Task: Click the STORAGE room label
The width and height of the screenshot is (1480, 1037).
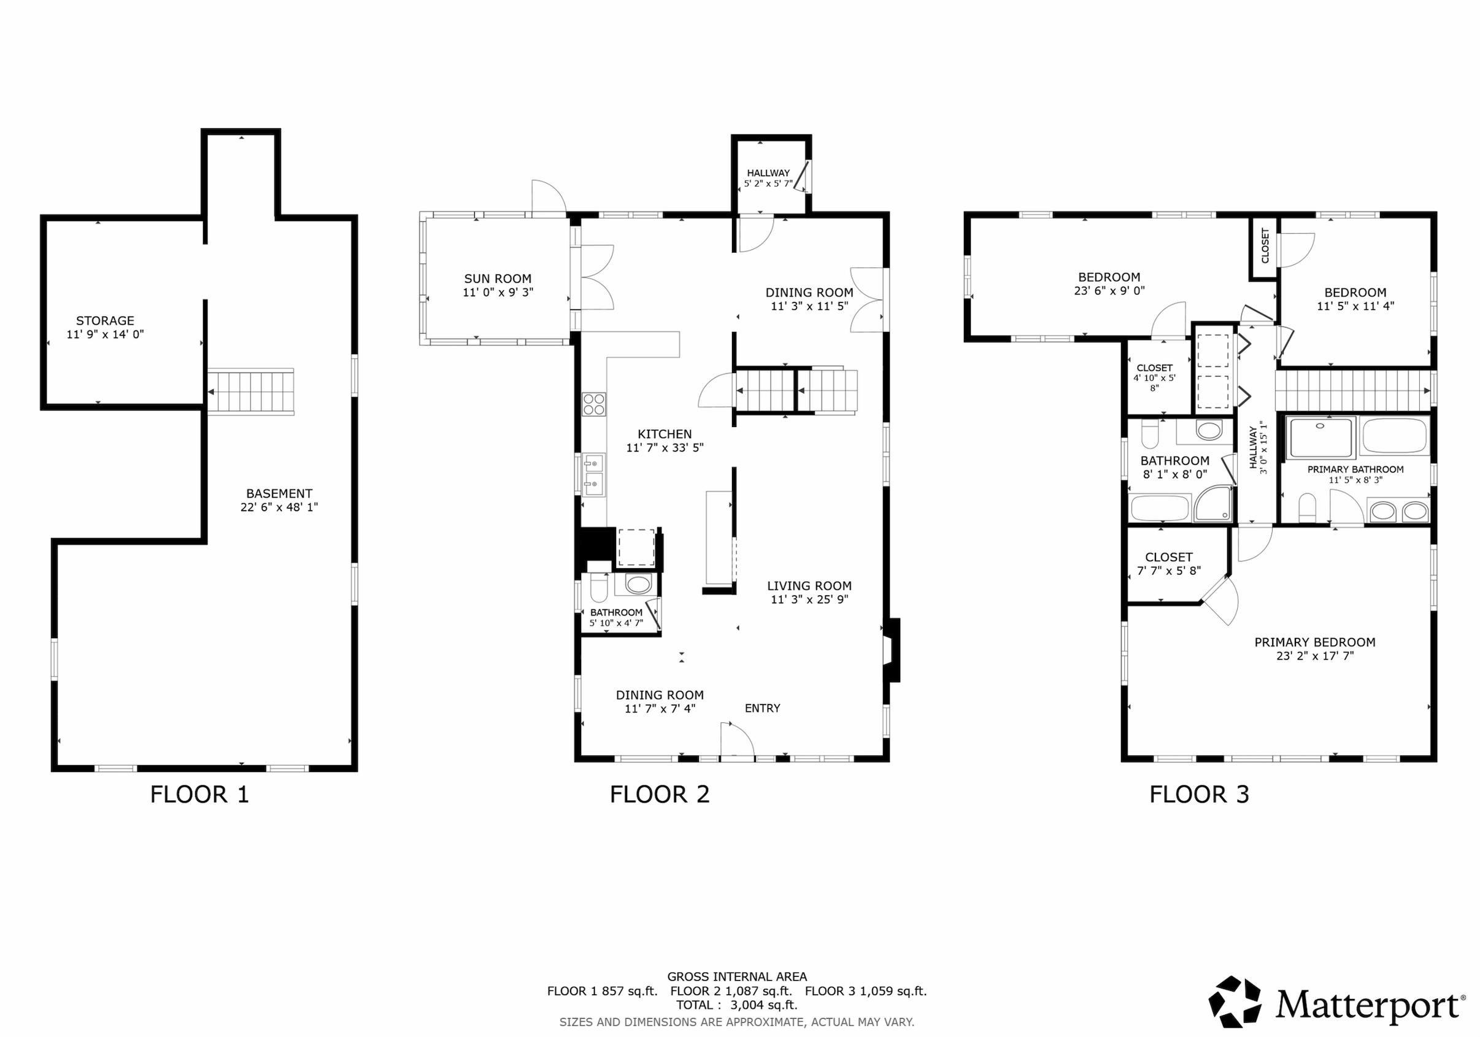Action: (105, 320)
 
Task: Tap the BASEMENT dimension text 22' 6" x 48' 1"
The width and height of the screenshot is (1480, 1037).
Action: (279, 507)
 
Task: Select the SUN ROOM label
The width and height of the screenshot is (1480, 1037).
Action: (498, 279)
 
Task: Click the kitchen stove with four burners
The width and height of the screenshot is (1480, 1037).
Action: (594, 404)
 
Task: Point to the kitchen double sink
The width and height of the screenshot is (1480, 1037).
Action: (594, 475)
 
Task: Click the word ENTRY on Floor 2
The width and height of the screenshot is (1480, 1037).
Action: (763, 708)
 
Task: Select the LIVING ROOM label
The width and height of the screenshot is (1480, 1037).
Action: (809, 586)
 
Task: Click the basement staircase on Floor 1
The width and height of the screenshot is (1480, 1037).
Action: (250, 391)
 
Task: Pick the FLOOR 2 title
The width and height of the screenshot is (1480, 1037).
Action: (660, 795)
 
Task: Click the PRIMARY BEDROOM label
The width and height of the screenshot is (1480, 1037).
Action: (1315, 642)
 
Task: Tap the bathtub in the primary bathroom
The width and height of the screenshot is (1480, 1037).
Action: (1395, 436)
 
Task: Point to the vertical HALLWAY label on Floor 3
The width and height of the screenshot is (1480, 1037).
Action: (1258, 448)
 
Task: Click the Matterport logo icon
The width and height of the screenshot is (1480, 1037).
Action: (1234, 1001)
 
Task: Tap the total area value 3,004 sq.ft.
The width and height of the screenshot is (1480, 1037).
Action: (764, 1004)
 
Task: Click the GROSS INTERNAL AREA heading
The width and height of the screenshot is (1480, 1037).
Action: (737, 977)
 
